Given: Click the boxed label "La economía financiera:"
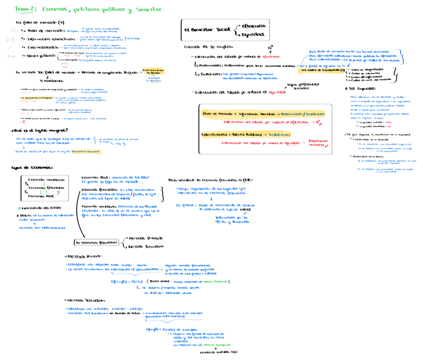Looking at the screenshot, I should pyautogui.click(x=97, y=242).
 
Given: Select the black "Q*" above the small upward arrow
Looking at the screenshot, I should pyautogui.click(x=270, y=47).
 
